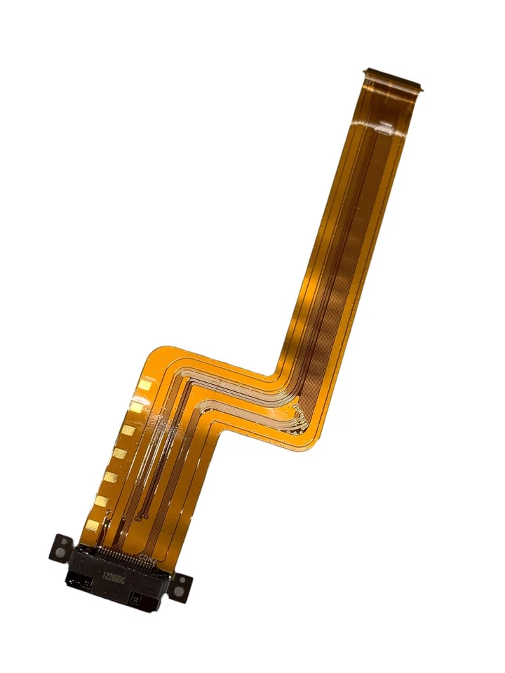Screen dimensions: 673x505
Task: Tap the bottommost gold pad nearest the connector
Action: [93, 524]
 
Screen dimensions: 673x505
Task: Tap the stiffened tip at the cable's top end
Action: [394, 79]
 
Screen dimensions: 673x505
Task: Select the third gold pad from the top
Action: [129, 430]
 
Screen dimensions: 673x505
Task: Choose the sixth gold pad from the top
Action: [102, 501]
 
